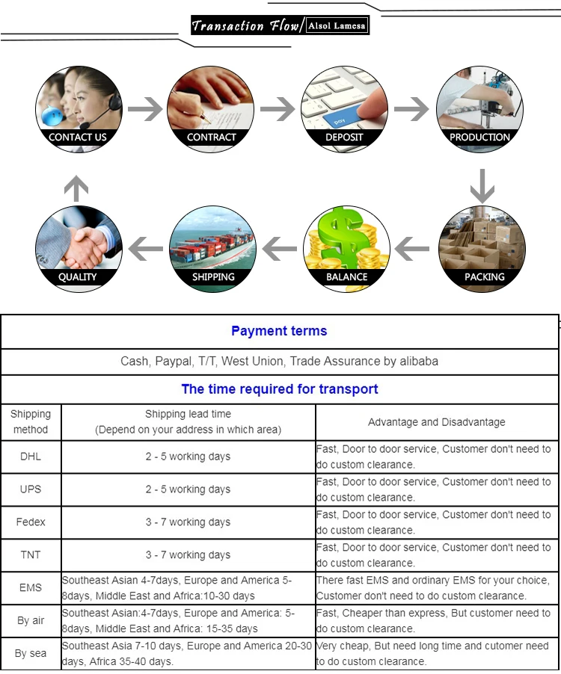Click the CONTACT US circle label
[78, 137]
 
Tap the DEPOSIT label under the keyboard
[344, 137]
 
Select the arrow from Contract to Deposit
[278, 109]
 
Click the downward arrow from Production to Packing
[482, 186]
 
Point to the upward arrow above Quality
[76, 188]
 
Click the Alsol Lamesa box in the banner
[337, 25]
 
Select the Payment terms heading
[279, 331]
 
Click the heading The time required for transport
[280, 389]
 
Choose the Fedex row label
[31, 522]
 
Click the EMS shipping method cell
[31, 587]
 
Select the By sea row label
[31, 653]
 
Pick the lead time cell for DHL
[188, 457]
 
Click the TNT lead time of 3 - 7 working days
[188, 555]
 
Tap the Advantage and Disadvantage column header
[437, 422]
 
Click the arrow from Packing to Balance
[411, 248]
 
